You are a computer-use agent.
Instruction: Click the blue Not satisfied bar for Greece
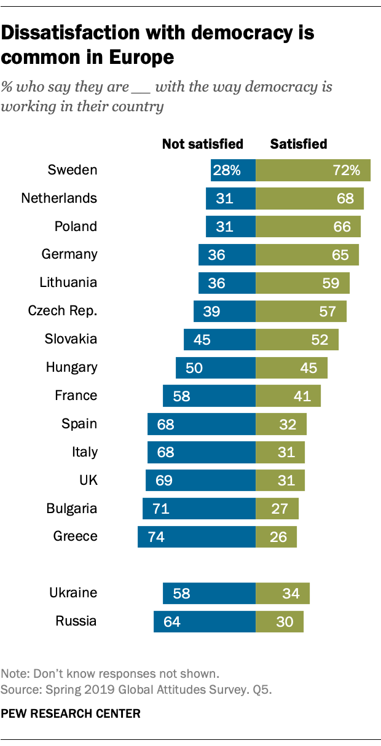click(x=197, y=537)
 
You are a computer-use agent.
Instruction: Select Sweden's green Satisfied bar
click(x=313, y=170)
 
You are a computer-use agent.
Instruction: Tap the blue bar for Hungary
click(x=215, y=368)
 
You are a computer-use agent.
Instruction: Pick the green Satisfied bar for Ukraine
click(x=282, y=594)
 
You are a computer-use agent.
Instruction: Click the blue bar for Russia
click(x=204, y=621)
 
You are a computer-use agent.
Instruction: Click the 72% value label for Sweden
click(x=347, y=170)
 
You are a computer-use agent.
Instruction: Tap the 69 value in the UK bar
click(x=165, y=481)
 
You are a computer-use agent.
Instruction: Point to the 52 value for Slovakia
click(x=320, y=340)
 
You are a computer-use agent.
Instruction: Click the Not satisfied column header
click(x=203, y=144)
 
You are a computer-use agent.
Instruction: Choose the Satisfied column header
click(x=299, y=144)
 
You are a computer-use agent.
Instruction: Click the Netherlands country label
click(x=59, y=198)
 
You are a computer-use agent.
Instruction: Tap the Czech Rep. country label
click(x=63, y=311)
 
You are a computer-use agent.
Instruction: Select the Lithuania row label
click(x=68, y=283)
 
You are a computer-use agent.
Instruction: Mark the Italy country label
click(x=85, y=452)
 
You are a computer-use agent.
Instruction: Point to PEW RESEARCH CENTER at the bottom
click(x=71, y=713)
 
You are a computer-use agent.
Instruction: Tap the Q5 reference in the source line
click(x=261, y=689)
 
